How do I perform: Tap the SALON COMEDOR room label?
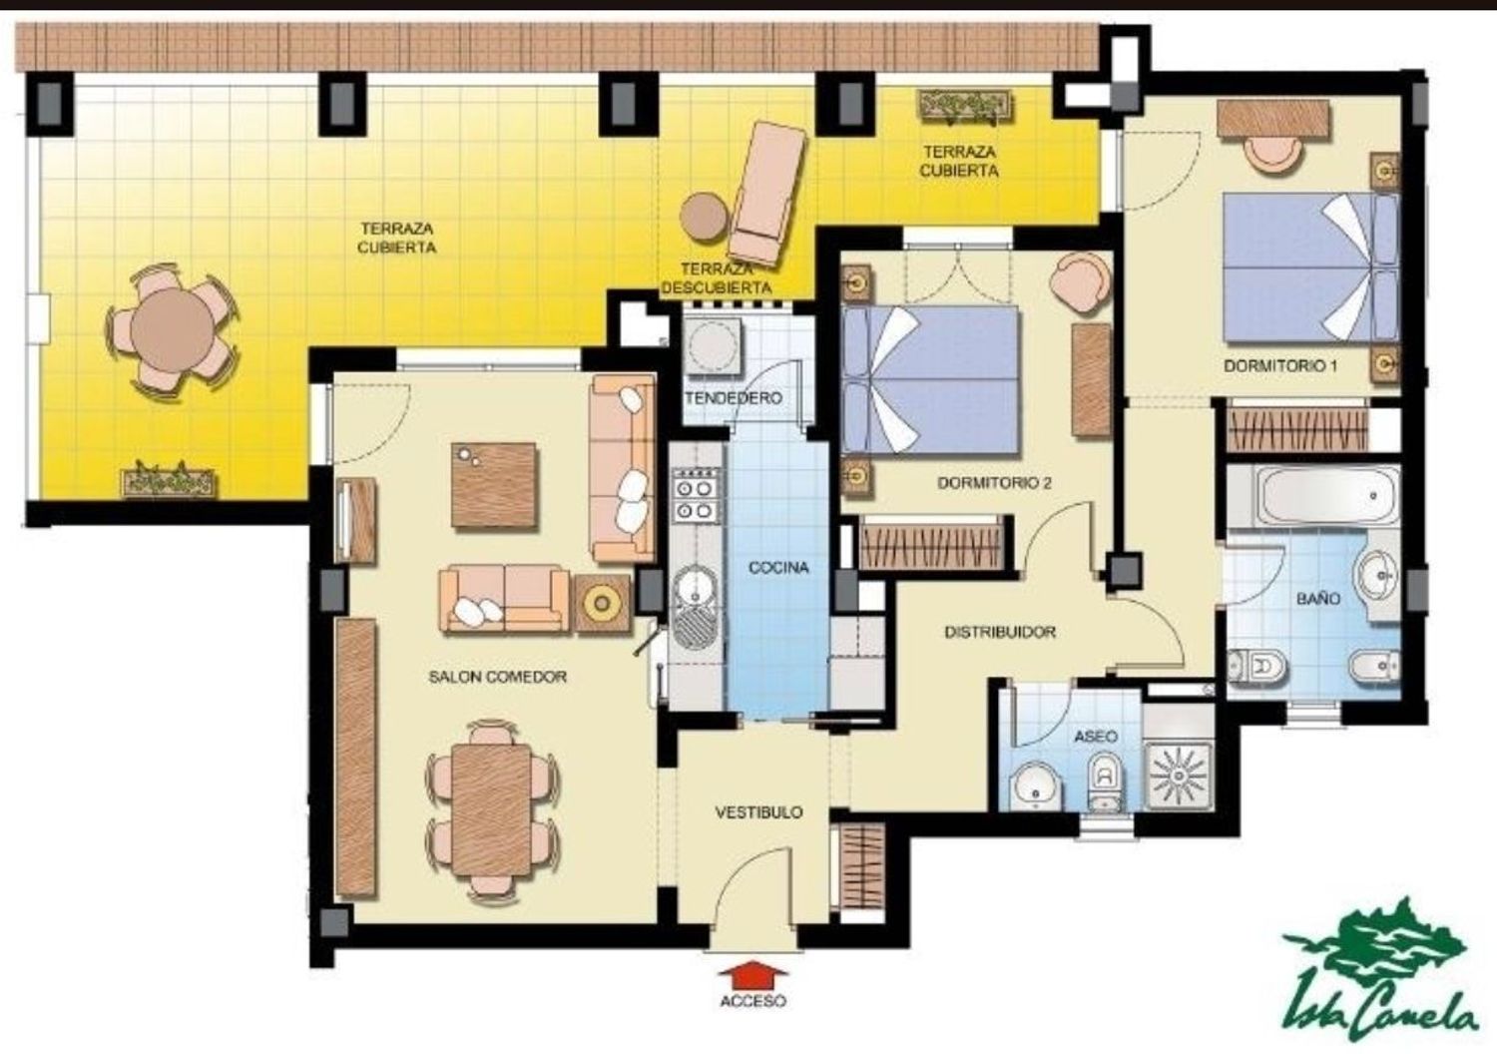coord(497,677)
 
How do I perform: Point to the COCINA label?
coord(778,568)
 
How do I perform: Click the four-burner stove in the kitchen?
coord(695,495)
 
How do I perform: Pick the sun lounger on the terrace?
coord(767,194)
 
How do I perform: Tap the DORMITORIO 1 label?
coord(1280,366)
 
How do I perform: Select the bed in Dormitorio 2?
coord(931,379)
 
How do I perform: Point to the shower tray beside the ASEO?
coord(1179,776)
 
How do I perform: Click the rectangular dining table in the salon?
coord(491,810)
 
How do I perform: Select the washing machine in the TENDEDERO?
coord(713,347)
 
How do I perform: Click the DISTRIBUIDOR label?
coord(1000,632)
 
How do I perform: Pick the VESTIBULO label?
coord(758,812)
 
